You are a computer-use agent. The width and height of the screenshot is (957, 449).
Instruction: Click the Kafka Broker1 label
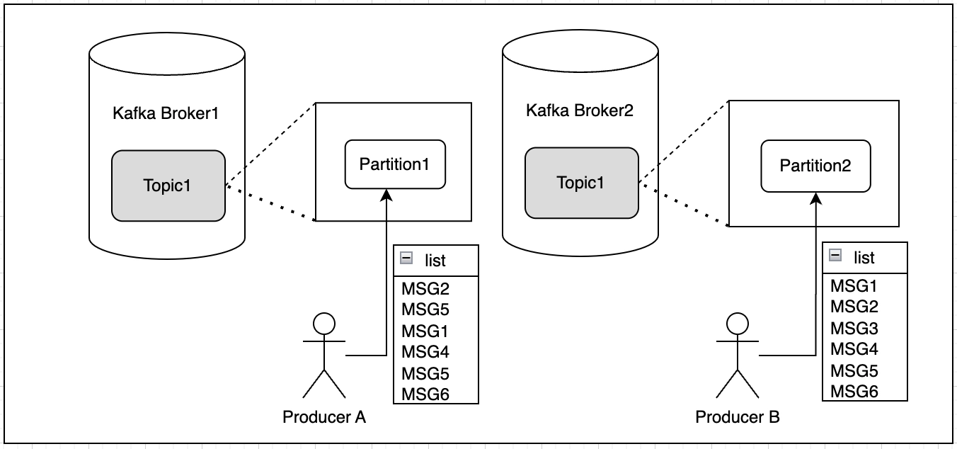click(x=166, y=113)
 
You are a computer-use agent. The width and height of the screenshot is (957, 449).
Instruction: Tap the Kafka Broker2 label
click(x=580, y=110)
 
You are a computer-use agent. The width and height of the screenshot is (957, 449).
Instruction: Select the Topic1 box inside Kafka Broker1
click(x=168, y=186)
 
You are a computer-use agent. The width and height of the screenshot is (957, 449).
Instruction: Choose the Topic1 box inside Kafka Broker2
click(x=581, y=183)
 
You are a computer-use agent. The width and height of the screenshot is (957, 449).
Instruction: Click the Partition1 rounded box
click(x=395, y=164)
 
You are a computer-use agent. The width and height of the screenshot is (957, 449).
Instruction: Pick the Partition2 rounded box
click(x=815, y=166)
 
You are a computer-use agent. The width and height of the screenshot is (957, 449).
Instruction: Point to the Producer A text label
click(x=324, y=417)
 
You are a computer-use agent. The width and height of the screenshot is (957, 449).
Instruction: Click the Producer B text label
click(x=738, y=417)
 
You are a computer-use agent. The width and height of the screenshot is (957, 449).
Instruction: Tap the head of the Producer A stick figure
click(x=324, y=323)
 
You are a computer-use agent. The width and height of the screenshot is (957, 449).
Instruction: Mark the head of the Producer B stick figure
click(x=738, y=323)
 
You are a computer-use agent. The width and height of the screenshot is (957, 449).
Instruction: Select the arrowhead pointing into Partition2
click(x=816, y=197)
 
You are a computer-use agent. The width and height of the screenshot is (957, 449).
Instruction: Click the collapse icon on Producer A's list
click(x=406, y=259)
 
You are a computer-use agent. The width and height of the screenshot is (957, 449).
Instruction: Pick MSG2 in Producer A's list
click(x=425, y=288)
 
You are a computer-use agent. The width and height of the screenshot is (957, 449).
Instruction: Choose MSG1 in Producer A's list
click(x=425, y=331)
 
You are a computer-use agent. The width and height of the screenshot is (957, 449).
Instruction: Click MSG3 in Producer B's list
click(x=854, y=328)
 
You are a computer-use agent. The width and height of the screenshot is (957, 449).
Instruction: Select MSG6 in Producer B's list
click(x=854, y=392)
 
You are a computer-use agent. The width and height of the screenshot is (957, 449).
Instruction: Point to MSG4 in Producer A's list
click(x=425, y=351)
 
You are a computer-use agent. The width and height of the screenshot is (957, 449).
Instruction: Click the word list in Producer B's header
click(x=864, y=257)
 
